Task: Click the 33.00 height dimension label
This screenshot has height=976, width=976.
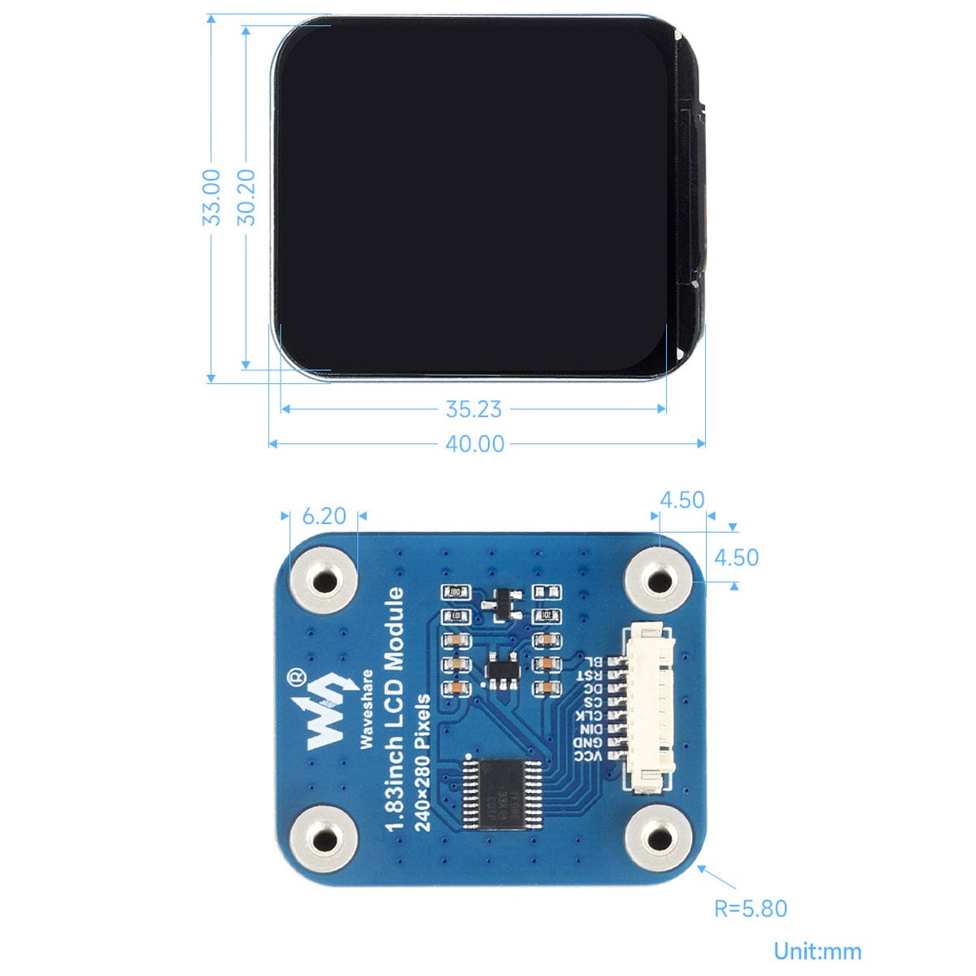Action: [x=211, y=197]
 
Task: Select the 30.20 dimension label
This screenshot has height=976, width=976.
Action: [x=246, y=197]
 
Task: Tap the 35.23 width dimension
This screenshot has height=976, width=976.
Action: [x=473, y=409]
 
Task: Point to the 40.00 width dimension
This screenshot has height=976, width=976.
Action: [x=474, y=443]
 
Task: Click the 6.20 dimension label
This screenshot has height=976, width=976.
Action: [x=324, y=516]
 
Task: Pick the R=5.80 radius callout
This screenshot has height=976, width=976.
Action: [x=750, y=908]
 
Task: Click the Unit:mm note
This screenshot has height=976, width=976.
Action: [x=817, y=951]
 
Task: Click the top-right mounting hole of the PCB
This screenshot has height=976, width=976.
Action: [x=657, y=580]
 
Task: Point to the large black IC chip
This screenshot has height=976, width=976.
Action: [x=505, y=793]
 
